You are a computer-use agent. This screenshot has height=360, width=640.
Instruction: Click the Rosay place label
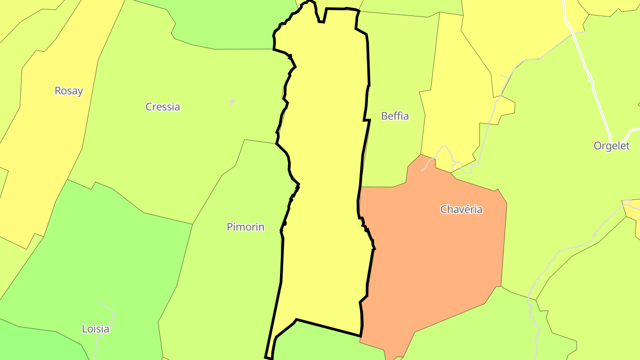coord(69,91)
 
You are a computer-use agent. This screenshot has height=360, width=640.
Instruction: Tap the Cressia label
coord(163,107)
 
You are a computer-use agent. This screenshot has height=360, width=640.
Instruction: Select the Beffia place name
coord(395,116)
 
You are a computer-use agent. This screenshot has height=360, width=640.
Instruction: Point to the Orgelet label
coord(612,146)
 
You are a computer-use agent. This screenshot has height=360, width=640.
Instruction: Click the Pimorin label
coord(245,227)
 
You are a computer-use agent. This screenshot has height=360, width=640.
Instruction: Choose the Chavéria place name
coord(461,209)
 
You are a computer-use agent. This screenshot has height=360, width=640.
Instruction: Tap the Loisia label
coord(96,329)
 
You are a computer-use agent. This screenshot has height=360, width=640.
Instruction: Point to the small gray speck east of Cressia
coord(232,102)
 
